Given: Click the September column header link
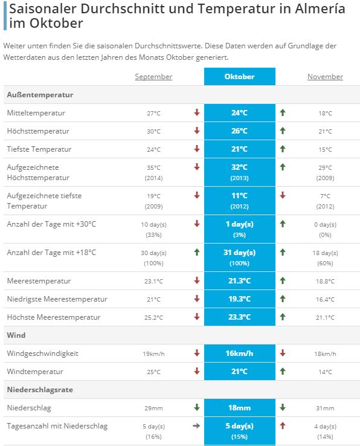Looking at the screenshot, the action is pyautogui.click(x=153, y=77).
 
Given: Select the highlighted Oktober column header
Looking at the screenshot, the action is pyautogui.click(x=239, y=77).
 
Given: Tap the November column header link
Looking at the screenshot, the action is pyautogui.click(x=325, y=77).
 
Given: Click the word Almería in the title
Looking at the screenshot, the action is pyautogui.click(x=320, y=8).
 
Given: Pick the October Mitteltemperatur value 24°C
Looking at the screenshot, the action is pyautogui.click(x=239, y=113).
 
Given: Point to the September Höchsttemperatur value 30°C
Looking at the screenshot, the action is pyautogui.click(x=153, y=131).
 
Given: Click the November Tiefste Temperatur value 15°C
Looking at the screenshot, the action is pyautogui.click(x=325, y=150).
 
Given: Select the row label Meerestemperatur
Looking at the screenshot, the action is pyautogui.click(x=39, y=281).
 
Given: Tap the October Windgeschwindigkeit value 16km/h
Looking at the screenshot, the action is pyautogui.click(x=239, y=354).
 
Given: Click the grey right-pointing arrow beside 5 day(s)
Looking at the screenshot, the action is pyautogui.click(x=196, y=426).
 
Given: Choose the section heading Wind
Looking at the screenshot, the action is pyautogui.click(x=16, y=335).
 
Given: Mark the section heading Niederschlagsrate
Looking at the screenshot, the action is pyautogui.click(x=40, y=390).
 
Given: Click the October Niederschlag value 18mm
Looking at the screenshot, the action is pyautogui.click(x=239, y=408).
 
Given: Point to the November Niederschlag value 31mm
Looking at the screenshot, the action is pyautogui.click(x=325, y=408).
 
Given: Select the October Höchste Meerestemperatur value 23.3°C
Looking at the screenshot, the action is pyautogui.click(x=239, y=317).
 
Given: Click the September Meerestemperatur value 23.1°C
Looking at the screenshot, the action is pyautogui.click(x=153, y=281).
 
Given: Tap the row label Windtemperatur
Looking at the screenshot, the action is pyautogui.click(x=35, y=372).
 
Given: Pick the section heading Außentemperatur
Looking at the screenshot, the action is pyautogui.click(x=40, y=95).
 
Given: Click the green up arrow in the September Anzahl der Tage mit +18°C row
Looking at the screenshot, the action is pyautogui.click(x=197, y=252).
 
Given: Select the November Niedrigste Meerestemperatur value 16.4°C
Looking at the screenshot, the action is pyautogui.click(x=325, y=300).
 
